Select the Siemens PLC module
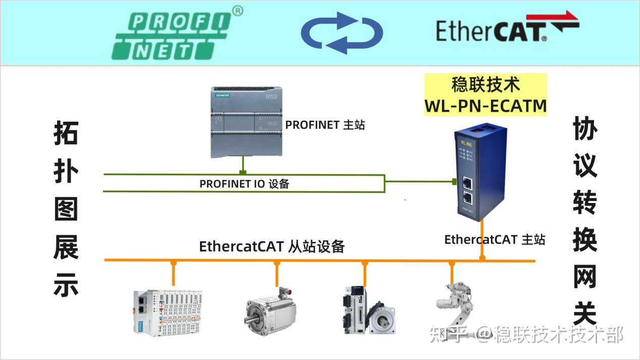pos(246,122)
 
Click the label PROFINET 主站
pos(325,125)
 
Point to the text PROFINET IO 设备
pos(244,184)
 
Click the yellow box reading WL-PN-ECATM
pos(485,95)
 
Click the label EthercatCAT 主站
pos(495,239)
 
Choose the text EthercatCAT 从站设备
pos(272,246)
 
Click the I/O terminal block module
pos(167,311)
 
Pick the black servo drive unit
pos(354,310)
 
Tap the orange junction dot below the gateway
pos(482,258)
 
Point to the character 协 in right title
pos(585,130)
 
